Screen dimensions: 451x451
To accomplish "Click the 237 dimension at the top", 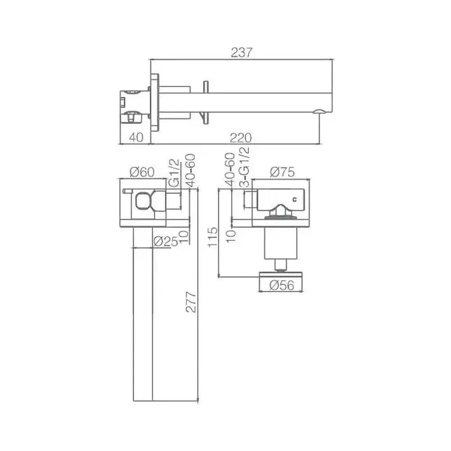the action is pyautogui.click(x=241, y=53).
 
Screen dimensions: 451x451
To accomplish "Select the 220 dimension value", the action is pyautogui.click(x=240, y=138).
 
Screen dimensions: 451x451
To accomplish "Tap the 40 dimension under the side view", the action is pyautogui.click(x=136, y=138).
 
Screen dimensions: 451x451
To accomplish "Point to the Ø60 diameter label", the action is pyautogui.click(x=142, y=172).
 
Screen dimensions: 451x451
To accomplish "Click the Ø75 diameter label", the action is pyautogui.click(x=282, y=172).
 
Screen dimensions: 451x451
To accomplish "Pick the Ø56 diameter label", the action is pyautogui.click(x=282, y=285).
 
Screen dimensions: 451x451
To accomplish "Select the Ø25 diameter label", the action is pyautogui.click(x=166, y=241).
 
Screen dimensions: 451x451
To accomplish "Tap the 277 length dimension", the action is pyautogui.click(x=191, y=302).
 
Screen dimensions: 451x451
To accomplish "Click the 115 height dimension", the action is pyautogui.click(x=213, y=237).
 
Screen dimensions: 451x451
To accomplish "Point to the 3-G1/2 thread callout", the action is pyautogui.click(x=244, y=167).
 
